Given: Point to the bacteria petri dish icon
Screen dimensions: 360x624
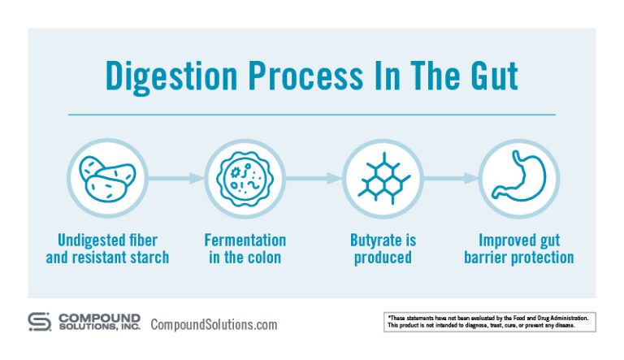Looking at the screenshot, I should coord(245,178).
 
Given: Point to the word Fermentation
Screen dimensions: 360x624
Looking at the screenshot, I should coord(245,241).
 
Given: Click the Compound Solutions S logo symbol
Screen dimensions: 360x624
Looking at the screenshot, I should coord(39,322).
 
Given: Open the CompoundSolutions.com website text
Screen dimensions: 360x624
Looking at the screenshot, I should coord(214,324).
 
